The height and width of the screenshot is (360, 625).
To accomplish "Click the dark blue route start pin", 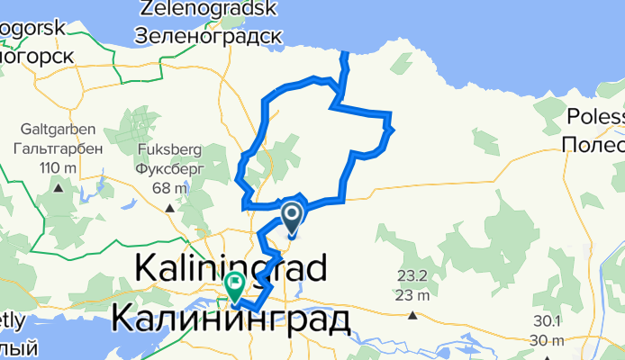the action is click(x=293, y=217).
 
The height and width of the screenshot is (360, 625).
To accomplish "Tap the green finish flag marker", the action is click(x=234, y=285).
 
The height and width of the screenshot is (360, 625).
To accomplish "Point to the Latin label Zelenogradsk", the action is click(x=208, y=11).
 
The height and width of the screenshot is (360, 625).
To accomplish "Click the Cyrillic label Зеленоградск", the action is click(x=208, y=36).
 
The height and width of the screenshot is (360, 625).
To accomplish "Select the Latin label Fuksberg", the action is click(x=168, y=150).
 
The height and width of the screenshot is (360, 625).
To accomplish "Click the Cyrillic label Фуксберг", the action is click(x=168, y=168).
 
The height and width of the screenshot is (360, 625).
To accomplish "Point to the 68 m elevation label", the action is click(x=168, y=187).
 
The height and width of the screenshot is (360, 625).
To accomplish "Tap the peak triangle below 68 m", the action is click(x=168, y=208).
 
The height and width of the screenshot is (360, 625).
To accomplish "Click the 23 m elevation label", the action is click(x=412, y=294).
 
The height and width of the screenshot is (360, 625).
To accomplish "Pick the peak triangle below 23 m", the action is click(x=412, y=315).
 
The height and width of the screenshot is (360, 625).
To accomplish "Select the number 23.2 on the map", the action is click(x=412, y=276).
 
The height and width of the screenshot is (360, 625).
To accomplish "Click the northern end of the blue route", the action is click(x=342, y=55).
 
